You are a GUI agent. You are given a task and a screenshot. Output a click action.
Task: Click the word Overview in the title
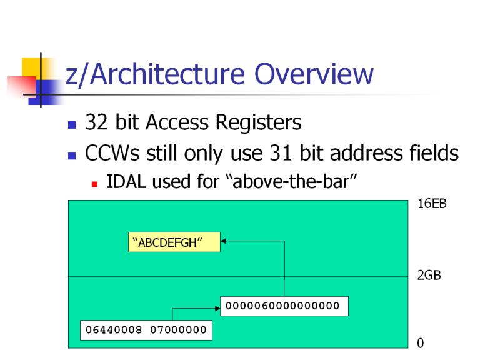point(314,74)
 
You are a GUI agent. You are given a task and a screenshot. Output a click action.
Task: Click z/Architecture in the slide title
point(155,74)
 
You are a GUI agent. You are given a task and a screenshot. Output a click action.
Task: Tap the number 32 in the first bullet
point(96,122)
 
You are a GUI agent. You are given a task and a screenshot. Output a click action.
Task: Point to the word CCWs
point(112,152)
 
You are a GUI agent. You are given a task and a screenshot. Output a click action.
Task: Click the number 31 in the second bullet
point(281,152)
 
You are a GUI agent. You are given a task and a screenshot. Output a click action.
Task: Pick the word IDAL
point(126,181)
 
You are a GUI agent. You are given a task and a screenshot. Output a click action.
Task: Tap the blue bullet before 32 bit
point(72,125)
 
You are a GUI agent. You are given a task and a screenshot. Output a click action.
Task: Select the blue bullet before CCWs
point(72,156)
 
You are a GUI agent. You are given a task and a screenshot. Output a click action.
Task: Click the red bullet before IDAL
point(94,184)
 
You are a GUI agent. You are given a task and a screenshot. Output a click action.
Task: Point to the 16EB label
point(432,204)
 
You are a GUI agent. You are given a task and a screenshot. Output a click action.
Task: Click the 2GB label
point(429,275)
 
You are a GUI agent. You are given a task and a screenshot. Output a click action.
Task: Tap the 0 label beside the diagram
point(420,343)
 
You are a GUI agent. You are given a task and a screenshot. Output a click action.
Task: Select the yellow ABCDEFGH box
point(174,242)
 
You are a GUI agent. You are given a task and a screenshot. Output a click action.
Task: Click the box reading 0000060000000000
point(284,306)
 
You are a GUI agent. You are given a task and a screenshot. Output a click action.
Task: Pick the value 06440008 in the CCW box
point(114,330)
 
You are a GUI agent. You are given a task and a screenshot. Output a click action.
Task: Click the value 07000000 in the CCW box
point(178,330)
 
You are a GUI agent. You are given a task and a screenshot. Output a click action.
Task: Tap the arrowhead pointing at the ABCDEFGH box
point(223,241)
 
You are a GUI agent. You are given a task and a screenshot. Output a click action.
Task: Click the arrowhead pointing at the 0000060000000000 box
point(217,308)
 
